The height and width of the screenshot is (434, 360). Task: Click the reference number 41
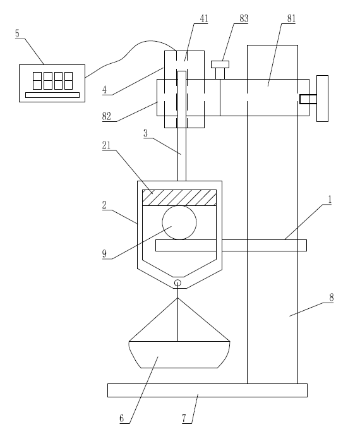pyautogui.click(x=204, y=18)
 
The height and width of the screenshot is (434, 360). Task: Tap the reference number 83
pyautogui.click(x=244, y=18)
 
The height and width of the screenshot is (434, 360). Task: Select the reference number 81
pyautogui.click(x=291, y=18)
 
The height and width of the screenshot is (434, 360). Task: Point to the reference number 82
pyautogui.click(x=107, y=116)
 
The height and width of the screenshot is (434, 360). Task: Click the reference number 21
pyautogui.click(x=106, y=145)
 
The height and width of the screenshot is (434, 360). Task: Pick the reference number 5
pyautogui.click(x=17, y=33)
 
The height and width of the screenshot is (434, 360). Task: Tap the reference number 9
pyautogui.click(x=104, y=254)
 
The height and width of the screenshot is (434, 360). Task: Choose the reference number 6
pyautogui.click(x=122, y=418)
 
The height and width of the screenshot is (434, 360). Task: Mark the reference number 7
pyautogui.click(x=184, y=418)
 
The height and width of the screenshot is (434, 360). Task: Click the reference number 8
pyautogui.click(x=331, y=298)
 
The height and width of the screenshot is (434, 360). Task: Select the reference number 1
pyautogui.click(x=330, y=200)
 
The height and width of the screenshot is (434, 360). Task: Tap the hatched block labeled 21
pyautogui.click(x=179, y=198)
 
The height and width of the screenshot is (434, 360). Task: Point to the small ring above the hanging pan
pyautogui.click(x=177, y=280)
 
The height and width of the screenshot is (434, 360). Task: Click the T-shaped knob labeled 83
pyautogui.click(x=220, y=69)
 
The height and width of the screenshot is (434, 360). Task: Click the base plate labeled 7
pyautogui.click(x=207, y=390)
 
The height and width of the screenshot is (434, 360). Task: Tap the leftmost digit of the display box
pyautogui.click(x=37, y=81)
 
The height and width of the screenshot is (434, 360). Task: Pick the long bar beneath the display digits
pyautogui.click(x=52, y=95)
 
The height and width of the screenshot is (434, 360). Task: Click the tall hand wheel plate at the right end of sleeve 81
pyautogui.click(x=322, y=99)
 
